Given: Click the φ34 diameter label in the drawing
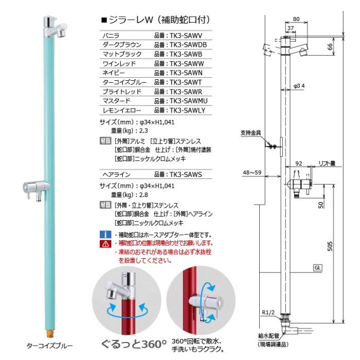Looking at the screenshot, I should [x=300, y=85].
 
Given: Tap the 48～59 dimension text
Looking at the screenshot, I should [x=254, y=172].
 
